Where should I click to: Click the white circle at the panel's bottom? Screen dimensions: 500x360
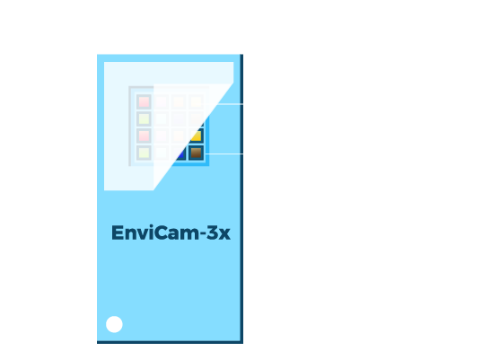pos(114,324)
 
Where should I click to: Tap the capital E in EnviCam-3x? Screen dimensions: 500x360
pos(117,233)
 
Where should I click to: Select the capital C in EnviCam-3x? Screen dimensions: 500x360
pos(162,233)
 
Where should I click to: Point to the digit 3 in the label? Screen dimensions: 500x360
pos(212,233)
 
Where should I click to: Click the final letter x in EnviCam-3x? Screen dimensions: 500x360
pos(224,234)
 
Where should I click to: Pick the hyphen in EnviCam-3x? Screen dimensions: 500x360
pos(203,234)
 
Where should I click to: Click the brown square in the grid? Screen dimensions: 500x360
pos(196,153)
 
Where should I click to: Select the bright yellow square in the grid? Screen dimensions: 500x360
pos(197,136)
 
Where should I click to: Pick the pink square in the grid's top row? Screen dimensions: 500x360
pos(144,102)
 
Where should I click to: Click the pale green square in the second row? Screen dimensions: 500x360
pos(144,119)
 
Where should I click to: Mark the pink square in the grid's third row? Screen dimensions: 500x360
pos(144,136)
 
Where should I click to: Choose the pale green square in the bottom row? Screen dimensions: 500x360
pos(144,153)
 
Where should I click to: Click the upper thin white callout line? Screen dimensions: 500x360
pos(230,104)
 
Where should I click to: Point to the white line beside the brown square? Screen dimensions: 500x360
pos(224,154)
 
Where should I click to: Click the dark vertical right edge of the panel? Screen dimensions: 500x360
pos(241,198)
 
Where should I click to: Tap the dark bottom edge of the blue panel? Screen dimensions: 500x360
pos(170,342)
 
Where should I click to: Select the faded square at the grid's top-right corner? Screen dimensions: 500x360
pos(196,102)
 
